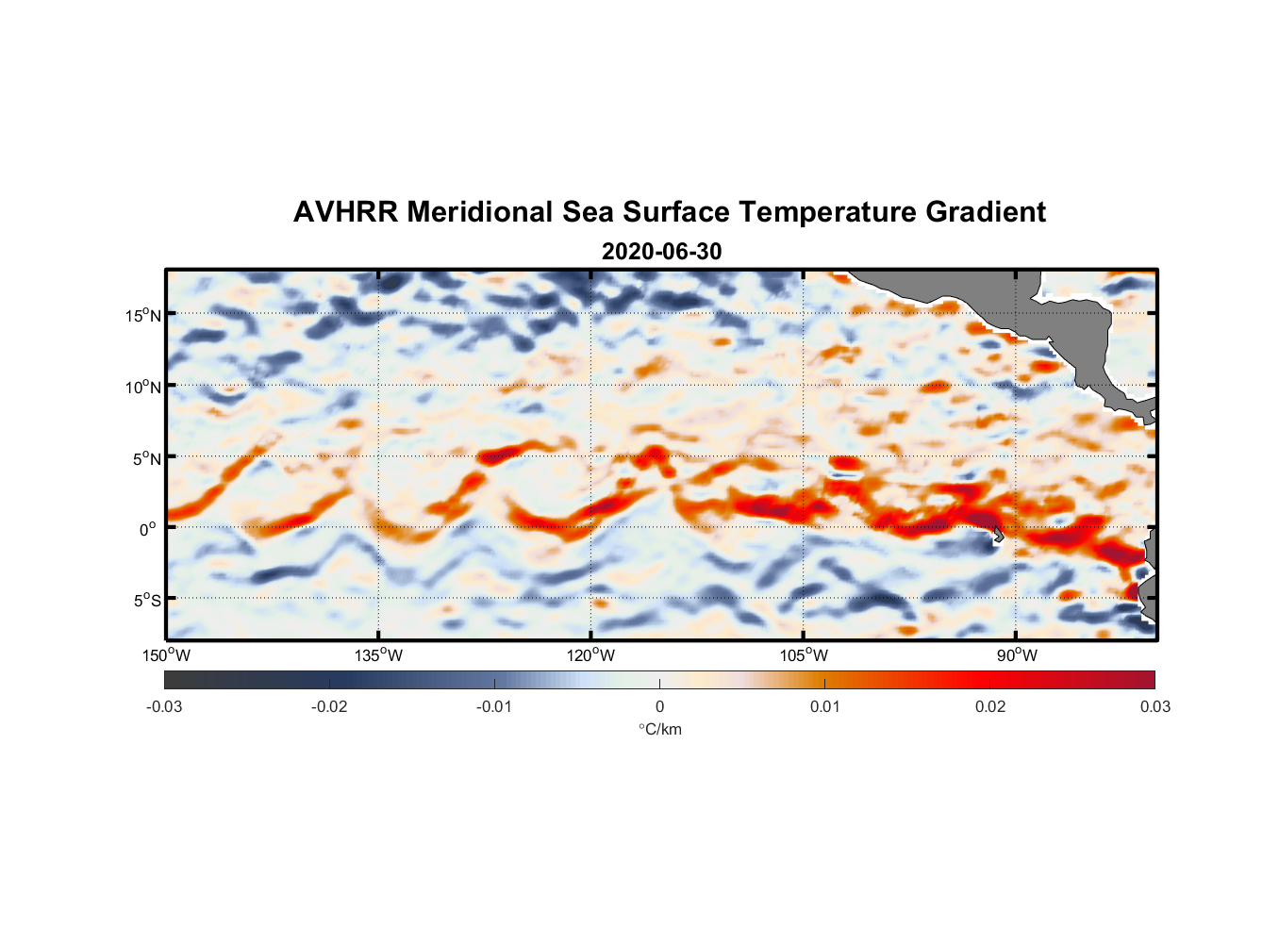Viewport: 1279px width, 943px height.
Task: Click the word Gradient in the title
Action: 986,212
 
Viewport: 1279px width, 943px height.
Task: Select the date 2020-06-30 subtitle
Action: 661,252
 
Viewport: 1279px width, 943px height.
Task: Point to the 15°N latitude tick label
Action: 143,315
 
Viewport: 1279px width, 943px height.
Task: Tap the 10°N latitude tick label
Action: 143,387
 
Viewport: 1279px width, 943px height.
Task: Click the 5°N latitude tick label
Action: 146,458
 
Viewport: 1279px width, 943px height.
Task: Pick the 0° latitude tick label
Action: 148,529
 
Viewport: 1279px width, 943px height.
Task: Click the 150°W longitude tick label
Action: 167,655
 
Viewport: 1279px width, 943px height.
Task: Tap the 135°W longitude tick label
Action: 379,655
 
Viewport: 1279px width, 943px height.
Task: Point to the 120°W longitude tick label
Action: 591,655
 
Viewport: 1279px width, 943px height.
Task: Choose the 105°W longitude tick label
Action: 804,655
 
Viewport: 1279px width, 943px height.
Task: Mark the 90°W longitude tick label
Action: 1017,655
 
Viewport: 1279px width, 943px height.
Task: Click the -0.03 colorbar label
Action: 164,706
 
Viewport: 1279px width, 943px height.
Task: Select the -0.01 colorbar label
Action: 494,706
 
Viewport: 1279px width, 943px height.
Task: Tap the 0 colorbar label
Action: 659,706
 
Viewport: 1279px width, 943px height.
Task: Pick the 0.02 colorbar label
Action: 990,706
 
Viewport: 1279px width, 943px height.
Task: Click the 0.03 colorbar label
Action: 1154,706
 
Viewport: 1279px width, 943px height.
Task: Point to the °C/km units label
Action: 659,729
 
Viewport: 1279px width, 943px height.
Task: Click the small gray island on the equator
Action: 998,534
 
